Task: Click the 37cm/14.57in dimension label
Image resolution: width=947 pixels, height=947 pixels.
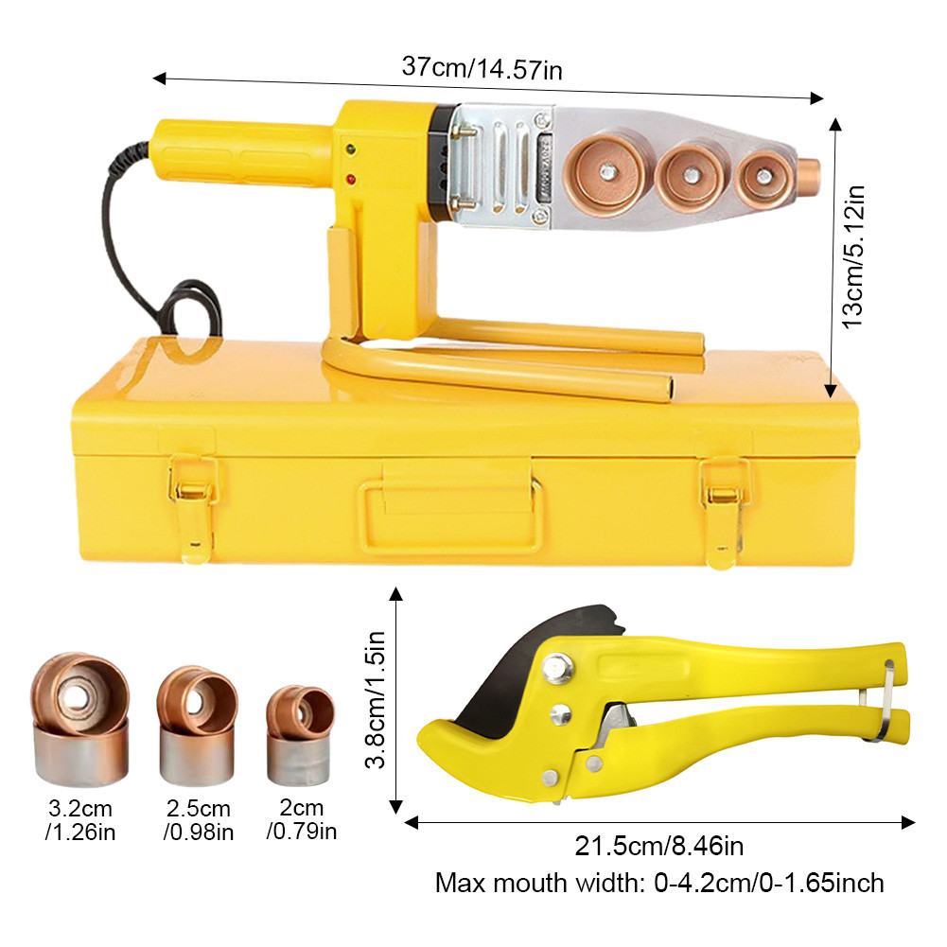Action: point(482,68)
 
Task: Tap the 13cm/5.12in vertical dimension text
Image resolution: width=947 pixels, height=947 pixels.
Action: point(853,256)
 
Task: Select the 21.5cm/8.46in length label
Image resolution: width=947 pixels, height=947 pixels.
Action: point(658,846)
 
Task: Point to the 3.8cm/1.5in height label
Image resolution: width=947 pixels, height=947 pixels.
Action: point(375,699)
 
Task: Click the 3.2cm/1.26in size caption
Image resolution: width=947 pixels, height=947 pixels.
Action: point(80,820)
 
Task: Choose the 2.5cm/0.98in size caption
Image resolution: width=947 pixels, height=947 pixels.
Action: point(198,820)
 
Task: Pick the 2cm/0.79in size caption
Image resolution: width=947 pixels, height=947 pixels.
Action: point(302,819)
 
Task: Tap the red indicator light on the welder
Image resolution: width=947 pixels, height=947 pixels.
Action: point(350,180)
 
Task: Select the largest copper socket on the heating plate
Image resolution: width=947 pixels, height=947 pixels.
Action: point(606,173)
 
